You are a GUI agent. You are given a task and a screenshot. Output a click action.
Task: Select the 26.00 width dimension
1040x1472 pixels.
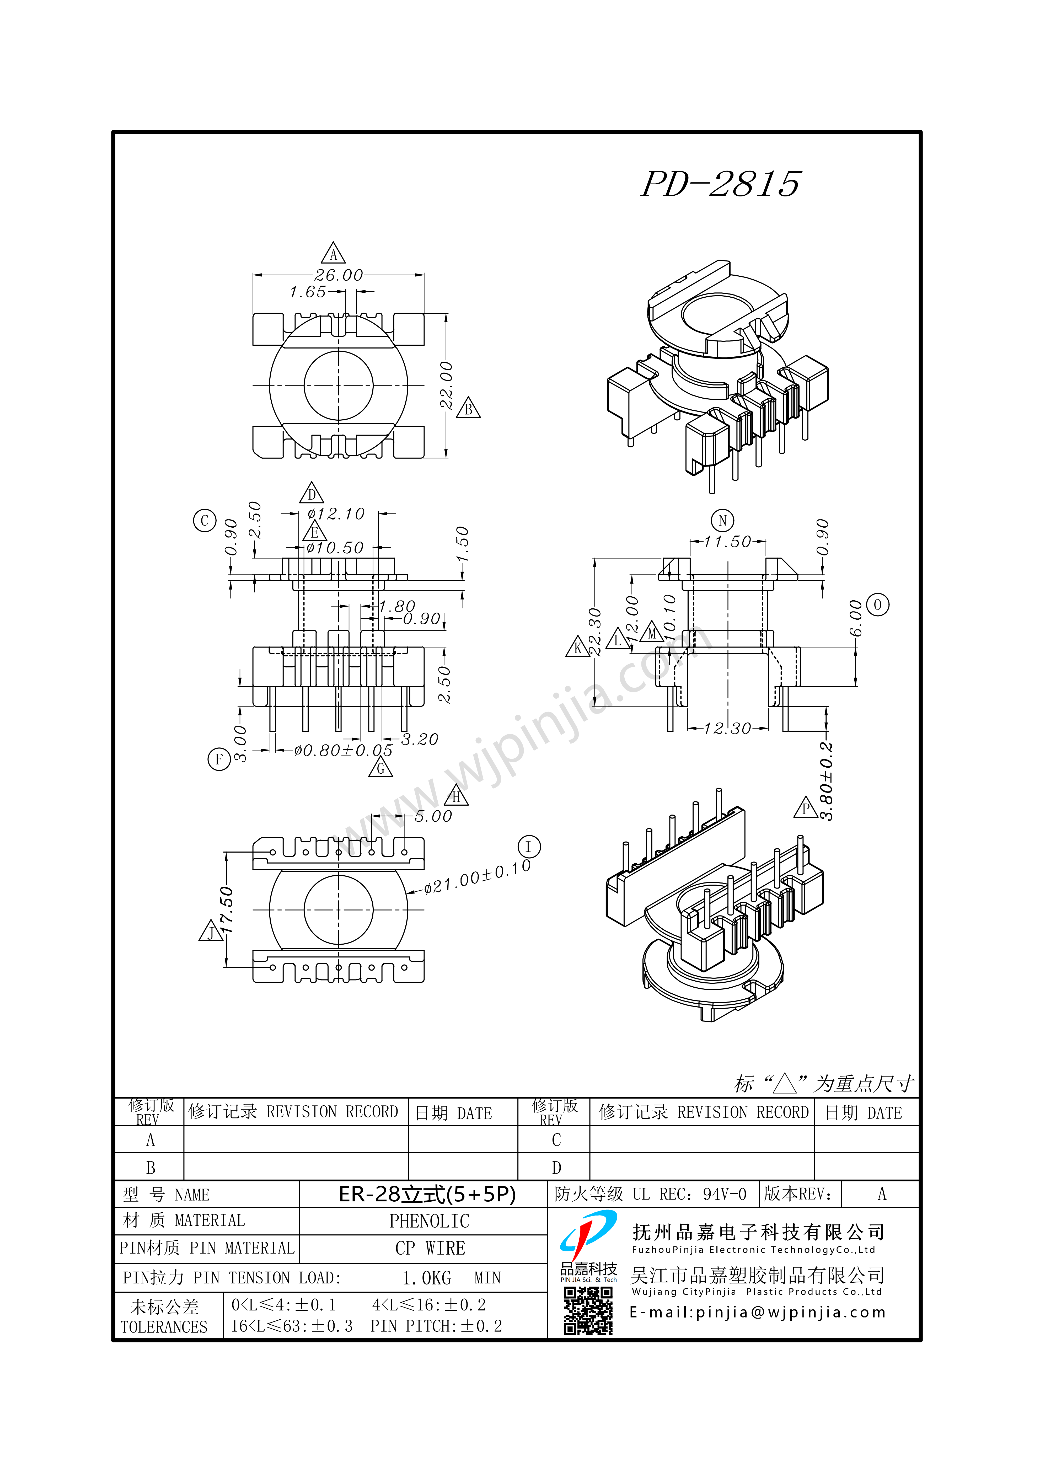pyautogui.click(x=339, y=275)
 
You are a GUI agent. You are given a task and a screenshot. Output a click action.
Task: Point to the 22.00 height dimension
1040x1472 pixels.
pyautogui.click(x=446, y=385)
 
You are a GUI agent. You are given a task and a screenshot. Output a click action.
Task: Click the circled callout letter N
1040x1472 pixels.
pyautogui.click(x=723, y=521)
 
